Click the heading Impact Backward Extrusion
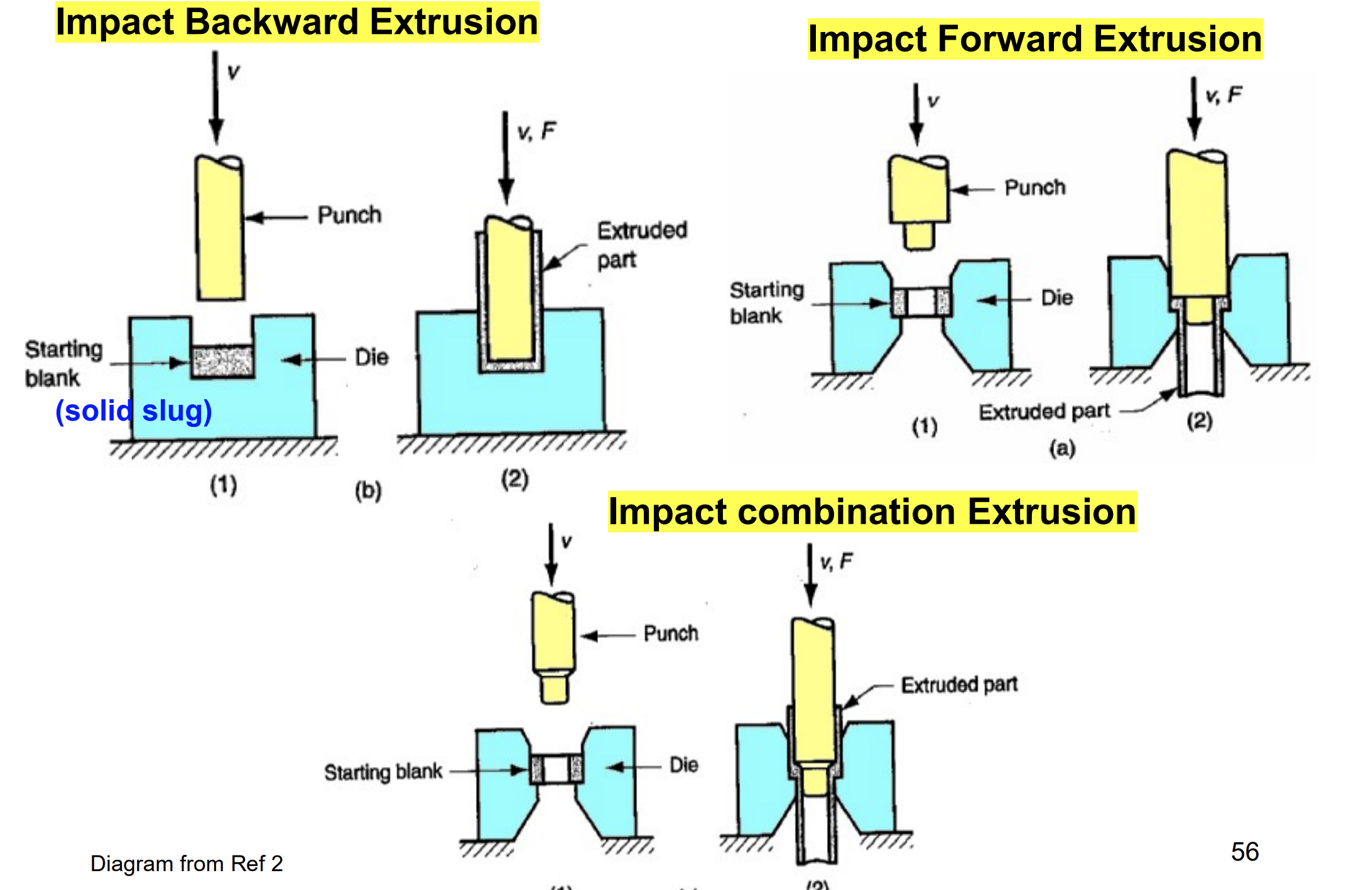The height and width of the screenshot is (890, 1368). coord(296,23)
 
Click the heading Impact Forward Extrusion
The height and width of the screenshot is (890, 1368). coord(1034,40)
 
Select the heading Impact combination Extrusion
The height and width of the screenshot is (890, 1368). coord(872,512)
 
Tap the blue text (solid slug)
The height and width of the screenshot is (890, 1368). coord(134,411)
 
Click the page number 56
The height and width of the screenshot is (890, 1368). coord(1244,852)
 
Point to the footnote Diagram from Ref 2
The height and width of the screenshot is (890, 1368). coord(187,864)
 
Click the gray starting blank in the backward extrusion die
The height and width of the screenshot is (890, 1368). coord(222,361)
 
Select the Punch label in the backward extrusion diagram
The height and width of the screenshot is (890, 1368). coord(349,215)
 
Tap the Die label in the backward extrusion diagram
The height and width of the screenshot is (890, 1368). coord(371,358)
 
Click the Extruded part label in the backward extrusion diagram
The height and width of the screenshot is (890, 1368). coord(641,244)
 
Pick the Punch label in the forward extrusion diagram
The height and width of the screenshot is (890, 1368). coord(1034,187)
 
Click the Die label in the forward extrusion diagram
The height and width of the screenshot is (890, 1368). coord(1056,298)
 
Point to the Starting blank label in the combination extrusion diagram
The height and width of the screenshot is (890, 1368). coord(383,772)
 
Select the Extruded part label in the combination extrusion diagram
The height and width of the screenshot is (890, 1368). coord(959,684)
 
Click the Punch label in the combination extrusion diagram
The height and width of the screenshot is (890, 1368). coord(671,634)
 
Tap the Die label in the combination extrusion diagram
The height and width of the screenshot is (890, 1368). coord(683,765)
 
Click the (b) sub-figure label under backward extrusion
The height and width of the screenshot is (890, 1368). coord(368,491)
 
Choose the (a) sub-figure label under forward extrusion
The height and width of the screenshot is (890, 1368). coord(1062,448)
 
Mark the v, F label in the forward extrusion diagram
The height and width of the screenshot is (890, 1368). coord(1223,96)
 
